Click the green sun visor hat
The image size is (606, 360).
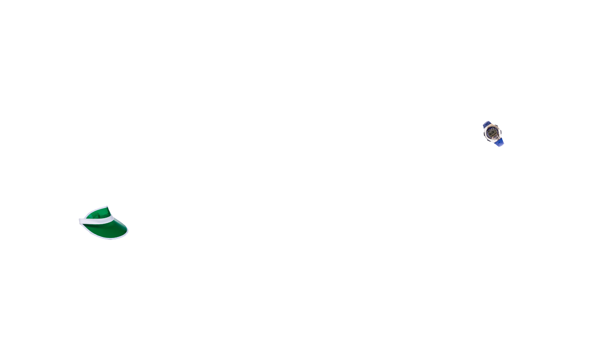[x=103, y=224]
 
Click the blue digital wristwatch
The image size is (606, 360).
[x=493, y=132]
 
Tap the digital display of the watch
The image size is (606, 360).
[x=492, y=133]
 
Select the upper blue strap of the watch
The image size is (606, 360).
[x=487, y=124]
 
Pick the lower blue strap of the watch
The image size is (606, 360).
[x=499, y=141]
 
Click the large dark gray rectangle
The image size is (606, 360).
[x=426, y=189]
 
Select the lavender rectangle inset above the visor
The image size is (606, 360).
[x=167, y=163]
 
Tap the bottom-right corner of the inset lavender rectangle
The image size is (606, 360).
[x=228, y=207]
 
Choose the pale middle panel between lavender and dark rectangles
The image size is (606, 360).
[x=305, y=180]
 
